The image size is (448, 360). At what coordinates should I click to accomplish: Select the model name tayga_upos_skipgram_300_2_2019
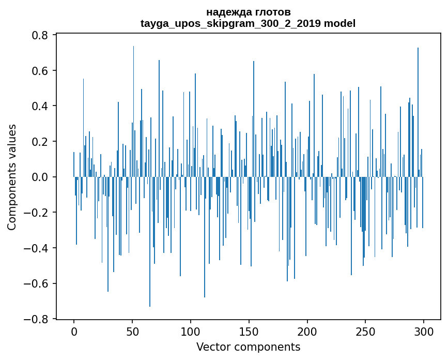click(230, 23)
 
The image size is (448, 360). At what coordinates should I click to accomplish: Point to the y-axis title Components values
click(12, 177)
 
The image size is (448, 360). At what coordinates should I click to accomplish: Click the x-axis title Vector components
click(248, 347)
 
